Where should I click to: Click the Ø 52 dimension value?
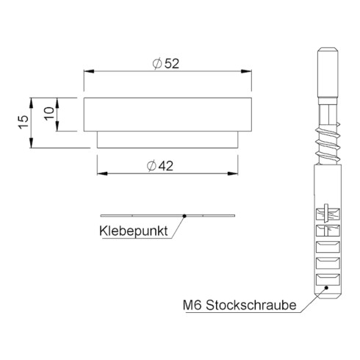pyautogui.click(x=166, y=64)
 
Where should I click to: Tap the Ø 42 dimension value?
pyautogui.click(x=160, y=166)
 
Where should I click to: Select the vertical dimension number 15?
pyautogui.click(x=24, y=122)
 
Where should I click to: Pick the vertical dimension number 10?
pyautogui.click(x=49, y=113)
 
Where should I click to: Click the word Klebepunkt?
pyautogui.click(x=134, y=231)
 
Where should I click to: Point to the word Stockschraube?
pyautogui.click(x=251, y=305)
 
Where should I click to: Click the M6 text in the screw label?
pyautogui.click(x=192, y=306)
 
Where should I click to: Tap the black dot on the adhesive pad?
pyautogui.click(x=184, y=216)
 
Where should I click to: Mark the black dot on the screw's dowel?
pyautogui.click(x=326, y=288)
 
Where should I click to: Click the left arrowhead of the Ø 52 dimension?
pyautogui.click(x=89, y=71)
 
